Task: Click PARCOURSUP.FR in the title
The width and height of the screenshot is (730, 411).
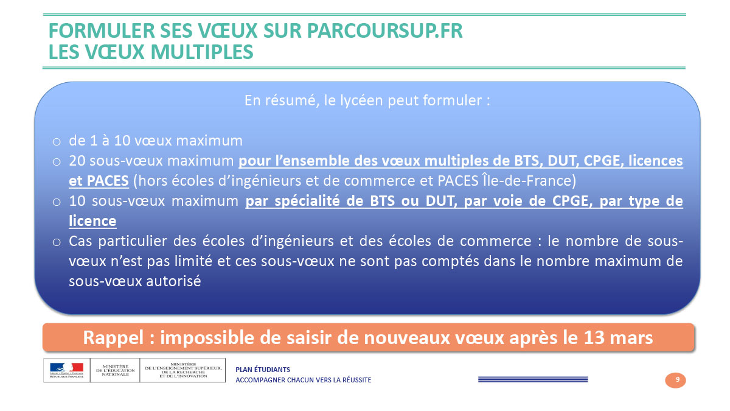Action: [384, 31]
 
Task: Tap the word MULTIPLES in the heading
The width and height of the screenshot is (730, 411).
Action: [202, 52]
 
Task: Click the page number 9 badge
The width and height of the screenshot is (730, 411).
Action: [675, 380]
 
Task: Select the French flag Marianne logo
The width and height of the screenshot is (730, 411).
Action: [67, 370]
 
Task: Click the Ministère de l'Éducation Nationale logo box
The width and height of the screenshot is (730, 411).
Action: [115, 370]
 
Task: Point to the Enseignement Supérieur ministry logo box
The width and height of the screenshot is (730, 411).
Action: [183, 370]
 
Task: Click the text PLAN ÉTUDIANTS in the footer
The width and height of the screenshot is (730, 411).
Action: [263, 370]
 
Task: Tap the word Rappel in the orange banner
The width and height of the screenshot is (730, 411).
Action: [113, 337]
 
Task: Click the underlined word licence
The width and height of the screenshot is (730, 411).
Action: [92, 221]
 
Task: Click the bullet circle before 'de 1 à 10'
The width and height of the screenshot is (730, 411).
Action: [57, 141]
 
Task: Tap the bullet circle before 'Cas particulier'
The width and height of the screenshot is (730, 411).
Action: [57, 242]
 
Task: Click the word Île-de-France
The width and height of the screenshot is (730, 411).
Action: [526, 180]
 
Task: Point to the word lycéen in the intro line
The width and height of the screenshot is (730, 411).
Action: [362, 100]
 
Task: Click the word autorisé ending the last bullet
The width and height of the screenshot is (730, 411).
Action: [173, 281]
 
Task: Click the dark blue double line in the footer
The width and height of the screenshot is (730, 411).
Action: [533, 379]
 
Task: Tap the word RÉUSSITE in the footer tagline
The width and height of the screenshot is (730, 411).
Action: [357, 380]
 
